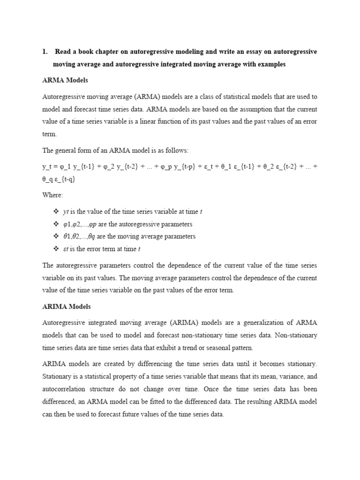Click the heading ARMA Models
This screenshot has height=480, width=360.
(65, 81)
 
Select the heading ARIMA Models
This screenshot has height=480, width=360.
(67, 307)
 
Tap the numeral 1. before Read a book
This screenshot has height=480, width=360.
(45, 52)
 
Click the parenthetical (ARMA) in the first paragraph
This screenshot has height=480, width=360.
(149, 97)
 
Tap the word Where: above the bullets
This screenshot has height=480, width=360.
(52, 195)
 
